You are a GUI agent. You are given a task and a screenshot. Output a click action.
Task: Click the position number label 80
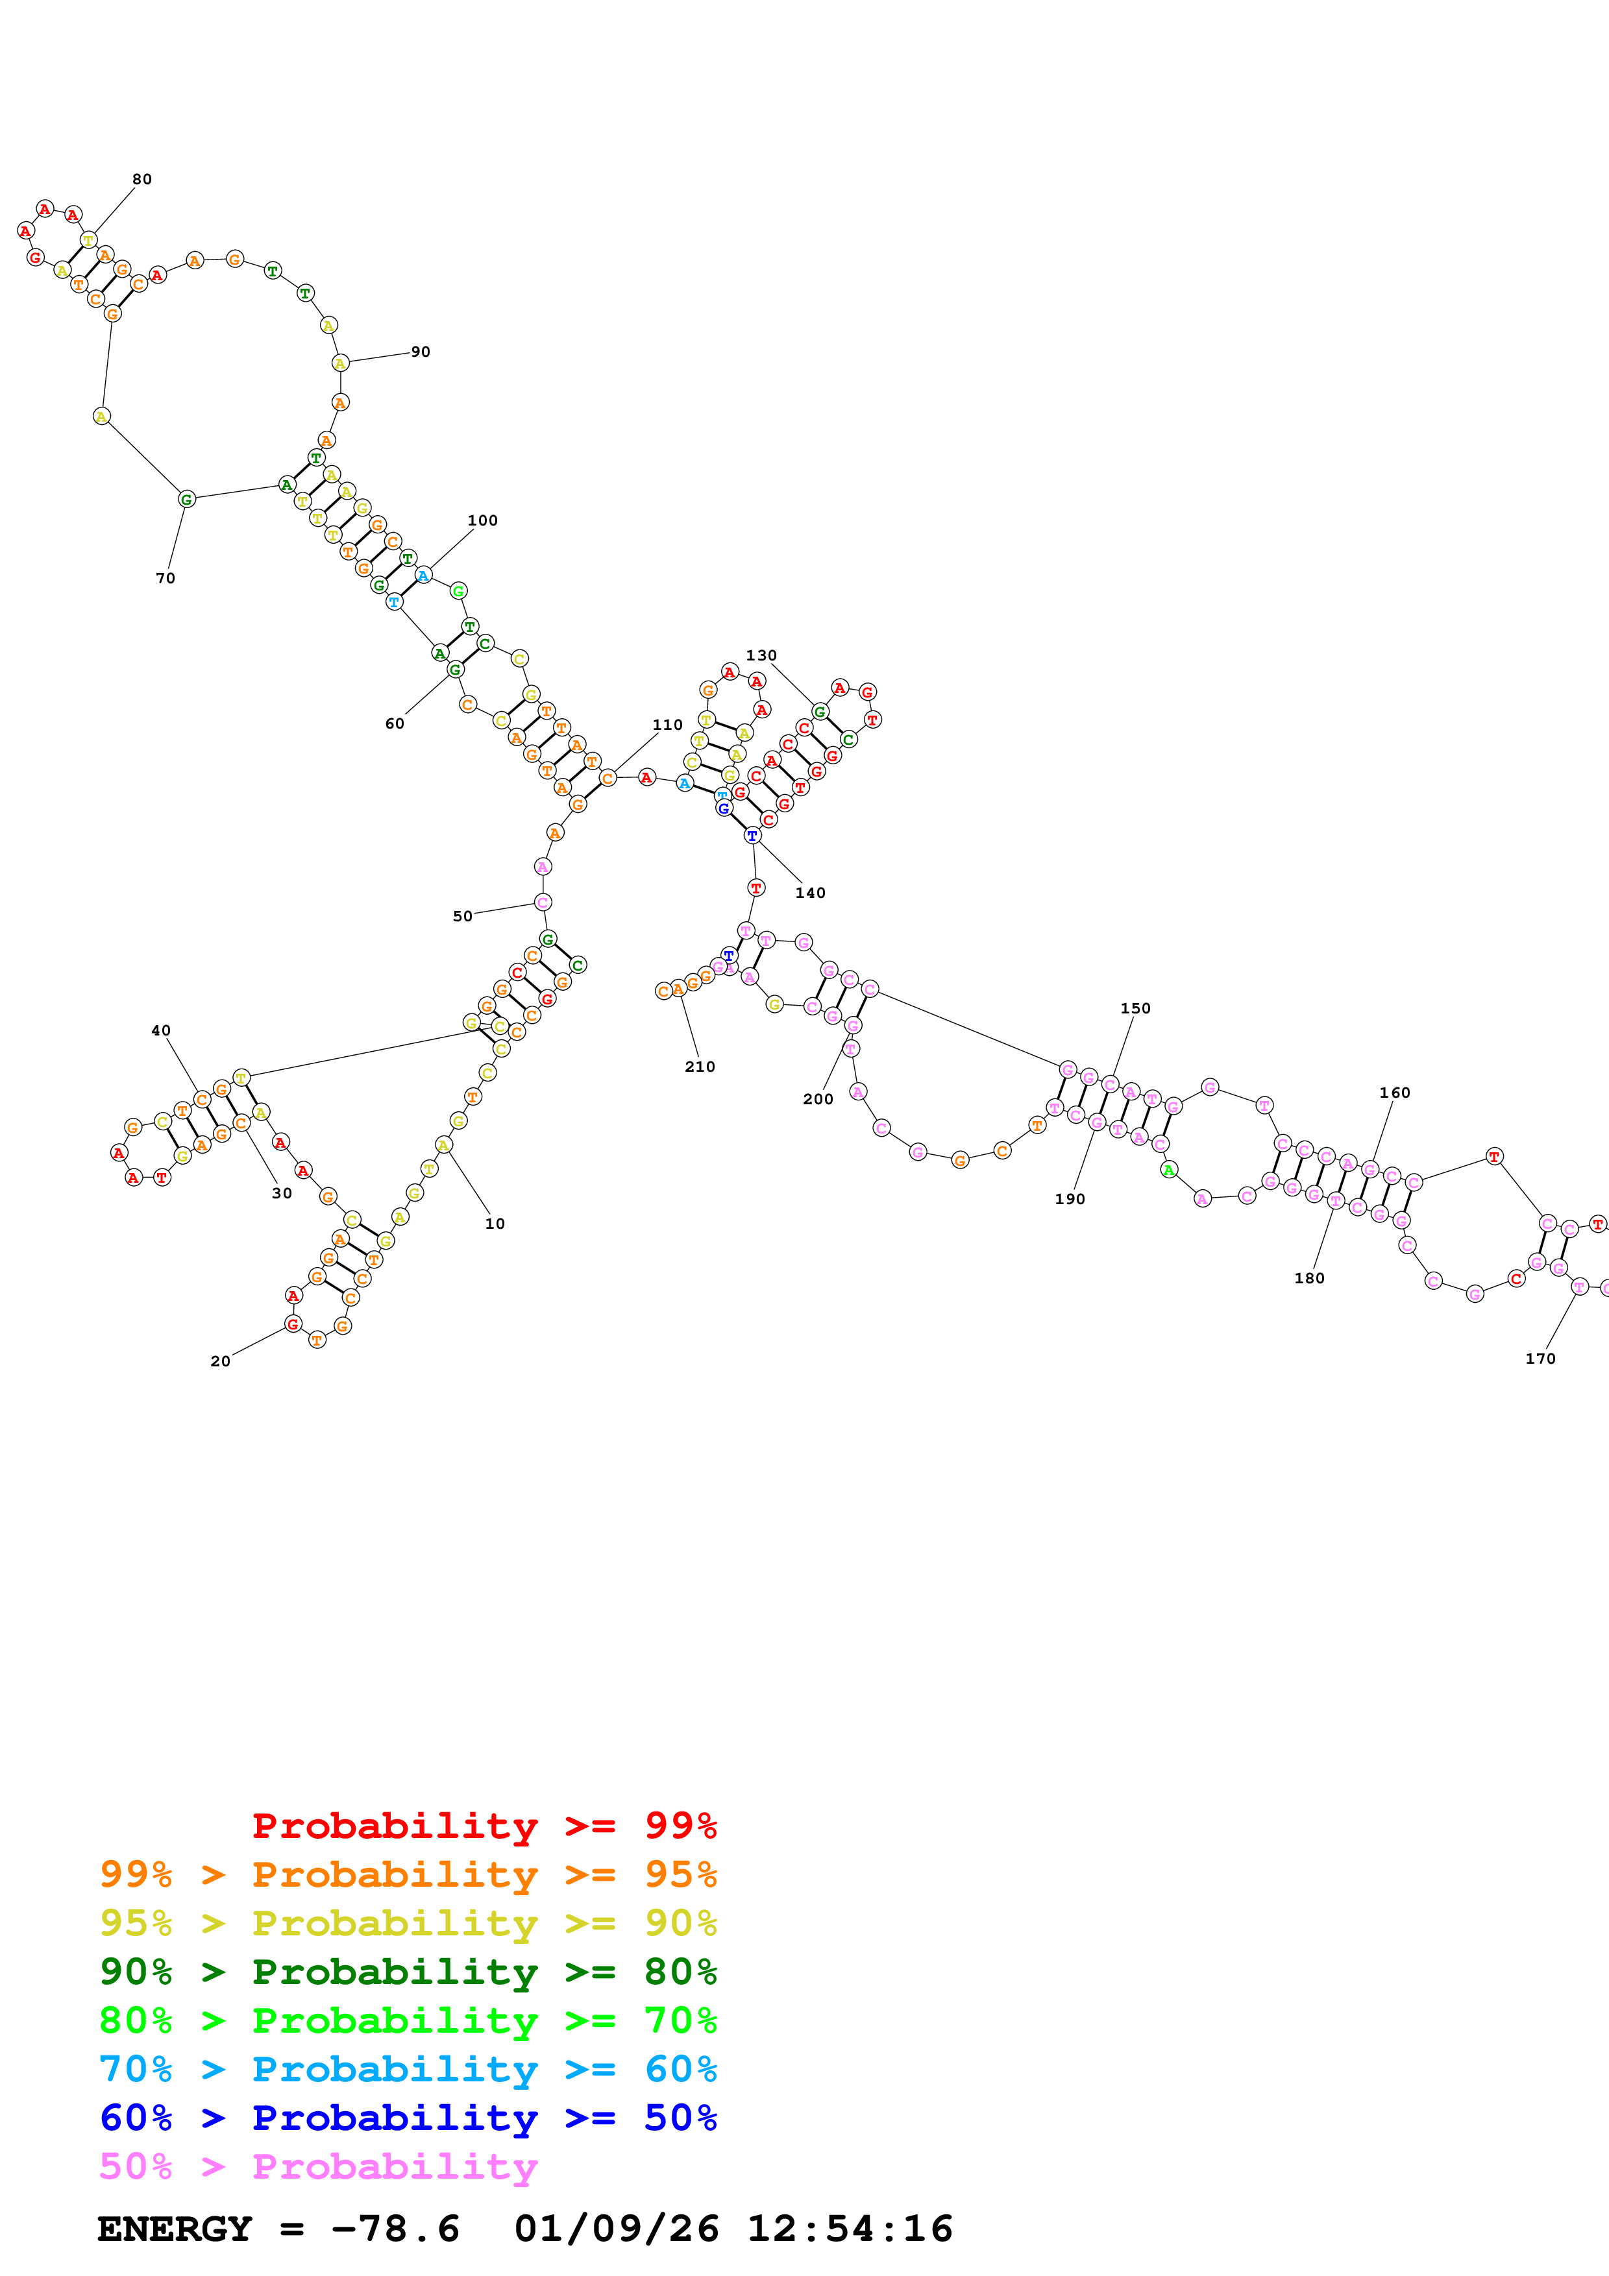141,180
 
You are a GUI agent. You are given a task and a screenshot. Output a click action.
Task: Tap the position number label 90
421,352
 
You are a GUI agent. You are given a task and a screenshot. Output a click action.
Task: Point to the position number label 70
166,578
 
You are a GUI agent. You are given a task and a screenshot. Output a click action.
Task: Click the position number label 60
395,723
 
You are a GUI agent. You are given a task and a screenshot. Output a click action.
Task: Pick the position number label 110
667,725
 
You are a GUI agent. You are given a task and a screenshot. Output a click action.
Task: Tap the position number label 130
761,655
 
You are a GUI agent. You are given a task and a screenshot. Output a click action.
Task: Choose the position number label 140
810,893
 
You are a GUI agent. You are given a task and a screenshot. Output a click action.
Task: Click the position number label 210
700,1067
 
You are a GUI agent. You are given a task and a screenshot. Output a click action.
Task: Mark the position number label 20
220,1361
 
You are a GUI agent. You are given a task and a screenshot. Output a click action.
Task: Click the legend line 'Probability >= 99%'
484,1825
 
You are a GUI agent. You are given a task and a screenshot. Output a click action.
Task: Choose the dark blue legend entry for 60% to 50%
408,2118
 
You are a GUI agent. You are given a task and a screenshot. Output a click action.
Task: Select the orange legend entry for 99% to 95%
408,1874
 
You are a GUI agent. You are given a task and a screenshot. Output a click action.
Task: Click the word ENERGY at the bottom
175,2229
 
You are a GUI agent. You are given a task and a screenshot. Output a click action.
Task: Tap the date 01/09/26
616,2229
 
